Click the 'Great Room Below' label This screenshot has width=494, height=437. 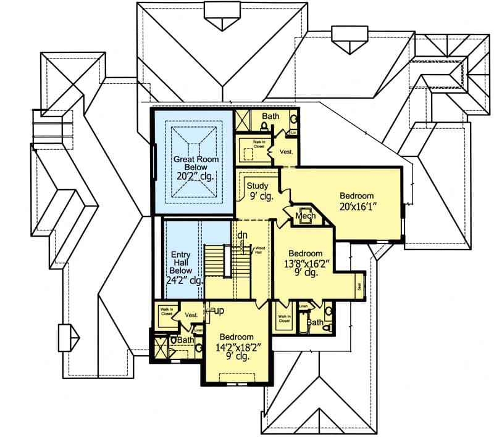[x=192, y=163]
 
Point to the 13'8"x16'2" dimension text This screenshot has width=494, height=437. [x=306, y=263]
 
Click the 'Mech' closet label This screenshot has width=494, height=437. [x=305, y=216]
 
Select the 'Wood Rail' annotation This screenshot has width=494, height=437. [x=259, y=249]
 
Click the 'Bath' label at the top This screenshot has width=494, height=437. [x=270, y=116]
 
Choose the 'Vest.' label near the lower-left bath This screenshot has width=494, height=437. [x=192, y=314]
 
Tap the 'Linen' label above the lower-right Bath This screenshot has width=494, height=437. [x=303, y=306]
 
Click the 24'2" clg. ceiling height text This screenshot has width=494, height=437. [x=185, y=280]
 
